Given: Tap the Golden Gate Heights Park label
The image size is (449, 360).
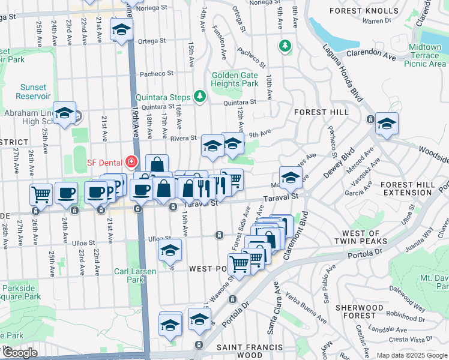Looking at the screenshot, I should click(235, 79).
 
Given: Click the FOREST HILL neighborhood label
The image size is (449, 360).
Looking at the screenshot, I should click(321, 112).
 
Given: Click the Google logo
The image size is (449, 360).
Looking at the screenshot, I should click(20, 353).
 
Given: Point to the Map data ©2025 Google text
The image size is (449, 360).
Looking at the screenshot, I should click(412, 355).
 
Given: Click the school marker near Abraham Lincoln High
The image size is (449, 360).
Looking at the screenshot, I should click(64, 112).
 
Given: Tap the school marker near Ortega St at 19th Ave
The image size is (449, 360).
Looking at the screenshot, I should click(121, 29).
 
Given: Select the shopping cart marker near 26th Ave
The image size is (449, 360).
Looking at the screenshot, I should click(41, 193).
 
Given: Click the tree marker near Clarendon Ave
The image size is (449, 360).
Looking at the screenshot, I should click(285, 46).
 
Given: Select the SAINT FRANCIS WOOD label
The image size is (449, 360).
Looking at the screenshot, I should click(248, 352).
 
